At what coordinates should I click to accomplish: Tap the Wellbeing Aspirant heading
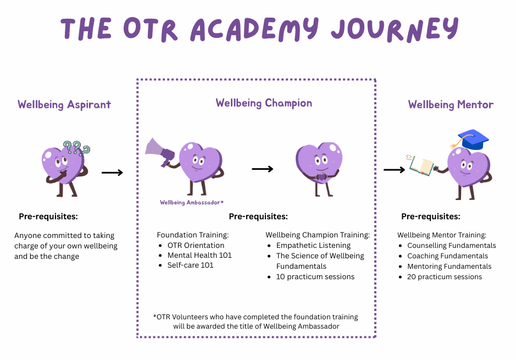pos(64,104)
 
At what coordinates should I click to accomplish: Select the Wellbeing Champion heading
pos(264,103)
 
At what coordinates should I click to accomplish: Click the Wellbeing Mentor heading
pos(451,104)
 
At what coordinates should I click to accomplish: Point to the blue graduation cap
pos(473,139)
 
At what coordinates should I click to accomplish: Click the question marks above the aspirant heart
pos(76,147)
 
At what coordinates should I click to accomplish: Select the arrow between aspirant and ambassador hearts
pos(112,173)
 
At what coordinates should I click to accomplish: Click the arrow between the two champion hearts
pos(263,169)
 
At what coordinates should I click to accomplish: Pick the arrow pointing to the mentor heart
pos(394,170)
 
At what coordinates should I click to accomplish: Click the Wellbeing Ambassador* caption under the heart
pos(192,202)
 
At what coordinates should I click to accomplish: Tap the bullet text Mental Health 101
pos(199,255)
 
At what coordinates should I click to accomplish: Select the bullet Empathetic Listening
pos(313,245)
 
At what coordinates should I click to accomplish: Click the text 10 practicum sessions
pos(315,276)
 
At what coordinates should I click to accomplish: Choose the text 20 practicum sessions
pos(445,276)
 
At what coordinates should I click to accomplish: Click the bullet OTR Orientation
pos(196,245)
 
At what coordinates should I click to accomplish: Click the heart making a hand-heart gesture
pos(319,165)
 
